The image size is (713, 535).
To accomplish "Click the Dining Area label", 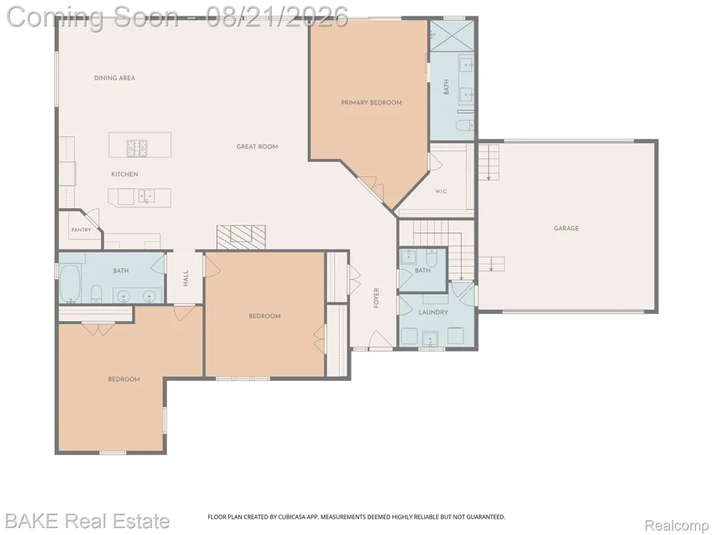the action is (115, 78).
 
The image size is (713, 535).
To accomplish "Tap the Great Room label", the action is (257, 146).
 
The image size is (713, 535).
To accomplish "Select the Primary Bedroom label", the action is (371, 102).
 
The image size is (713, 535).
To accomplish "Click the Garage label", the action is (566, 228).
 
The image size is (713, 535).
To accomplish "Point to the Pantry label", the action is (81, 230).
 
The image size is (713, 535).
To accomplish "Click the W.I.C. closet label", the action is (441, 191).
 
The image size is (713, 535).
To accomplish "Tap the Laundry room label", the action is (433, 312).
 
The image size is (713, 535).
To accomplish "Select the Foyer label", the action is (376, 298).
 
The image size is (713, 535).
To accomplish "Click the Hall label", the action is (185, 278).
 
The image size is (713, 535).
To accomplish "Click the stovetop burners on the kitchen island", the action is (138, 148).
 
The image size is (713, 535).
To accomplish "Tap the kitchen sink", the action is (147, 197).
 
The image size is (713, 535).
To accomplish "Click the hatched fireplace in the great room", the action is (241, 237).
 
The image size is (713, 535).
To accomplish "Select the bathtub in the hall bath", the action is (70, 285).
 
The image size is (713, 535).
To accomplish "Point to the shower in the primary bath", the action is (451, 36).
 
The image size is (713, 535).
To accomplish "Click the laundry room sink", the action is (430, 339).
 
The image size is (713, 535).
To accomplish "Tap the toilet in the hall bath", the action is (96, 295).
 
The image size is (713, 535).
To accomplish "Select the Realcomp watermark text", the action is (676, 525).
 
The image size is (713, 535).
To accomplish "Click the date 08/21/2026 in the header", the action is (277, 17).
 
